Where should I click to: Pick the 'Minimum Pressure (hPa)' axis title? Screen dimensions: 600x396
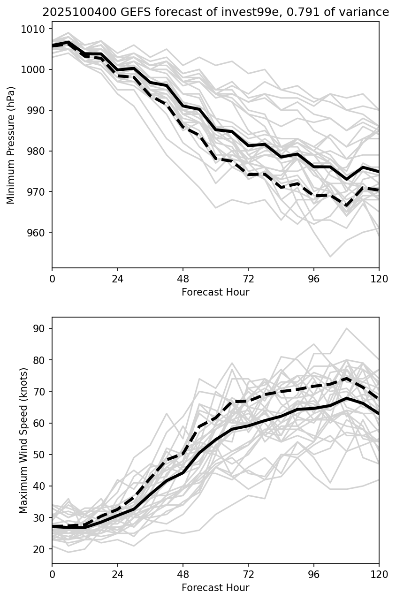11,145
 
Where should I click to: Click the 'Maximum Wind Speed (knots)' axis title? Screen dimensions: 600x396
23,440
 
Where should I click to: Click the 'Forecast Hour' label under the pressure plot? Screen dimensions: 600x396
215,292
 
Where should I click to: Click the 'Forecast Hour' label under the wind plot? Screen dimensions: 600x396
215,588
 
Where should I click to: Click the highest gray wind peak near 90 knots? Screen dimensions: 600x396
347,328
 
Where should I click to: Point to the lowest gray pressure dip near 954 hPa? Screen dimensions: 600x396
330,257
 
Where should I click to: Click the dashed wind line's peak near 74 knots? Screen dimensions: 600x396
347,378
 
